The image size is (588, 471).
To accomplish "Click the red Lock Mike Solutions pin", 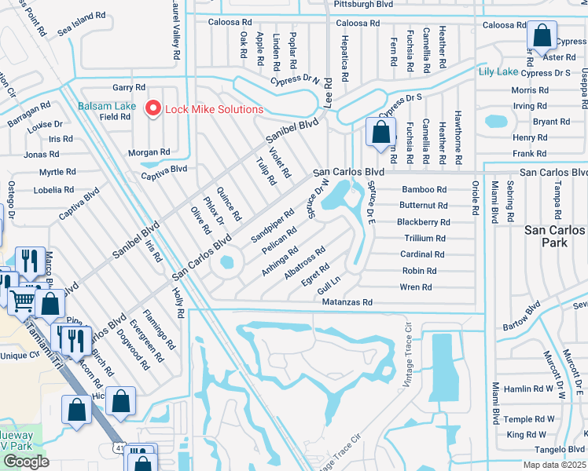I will pyautogui.click(x=153, y=108).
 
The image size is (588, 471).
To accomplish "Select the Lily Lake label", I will pyautogui.click(x=498, y=71).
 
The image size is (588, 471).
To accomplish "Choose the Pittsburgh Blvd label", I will pyautogui.click(x=362, y=4).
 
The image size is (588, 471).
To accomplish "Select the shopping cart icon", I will pyautogui.click(x=22, y=298).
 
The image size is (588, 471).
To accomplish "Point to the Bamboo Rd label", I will pyautogui.click(x=424, y=189).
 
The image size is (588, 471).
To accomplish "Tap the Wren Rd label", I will pyautogui.click(x=416, y=287).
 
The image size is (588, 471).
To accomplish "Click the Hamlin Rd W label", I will pyautogui.click(x=529, y=389).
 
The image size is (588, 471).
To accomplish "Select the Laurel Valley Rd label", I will pyautogui.click(x=175, y=31).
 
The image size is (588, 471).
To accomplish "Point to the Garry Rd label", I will pyautogui.click(x=129, y=88).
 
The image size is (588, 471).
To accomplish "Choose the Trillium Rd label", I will pyautogui.click(x=424, y=238).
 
